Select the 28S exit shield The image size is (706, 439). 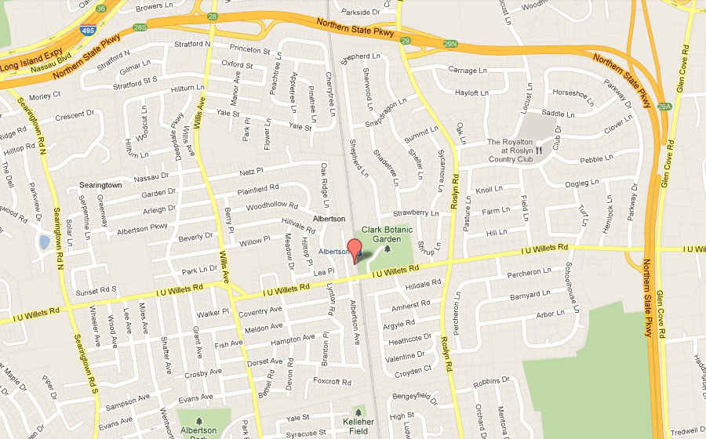140,27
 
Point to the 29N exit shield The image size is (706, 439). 449,45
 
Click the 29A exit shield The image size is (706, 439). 665,107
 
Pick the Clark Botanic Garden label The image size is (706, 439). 386,235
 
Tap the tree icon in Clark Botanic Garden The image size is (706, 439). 387,249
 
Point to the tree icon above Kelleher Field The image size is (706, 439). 359,411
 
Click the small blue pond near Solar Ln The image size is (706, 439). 44,241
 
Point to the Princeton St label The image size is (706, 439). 249,50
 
